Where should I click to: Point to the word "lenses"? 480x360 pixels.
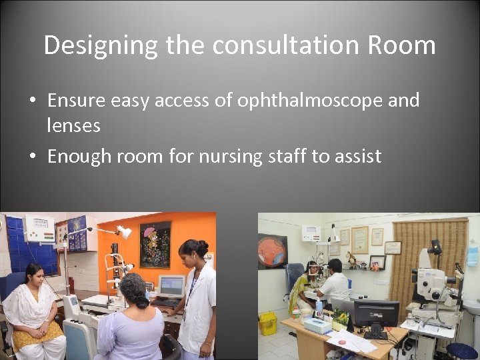coord(73,125)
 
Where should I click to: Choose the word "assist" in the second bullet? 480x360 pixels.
coord(357,157)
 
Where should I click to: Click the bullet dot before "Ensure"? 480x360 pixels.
coord(32,101)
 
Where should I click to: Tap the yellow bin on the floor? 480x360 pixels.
coord(268,323)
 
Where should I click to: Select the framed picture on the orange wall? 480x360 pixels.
coord(155,244)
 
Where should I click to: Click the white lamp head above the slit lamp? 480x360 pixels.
coord(124,232)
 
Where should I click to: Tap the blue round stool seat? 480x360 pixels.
coord(462,350)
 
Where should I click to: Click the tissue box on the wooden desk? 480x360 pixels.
coord(318,325)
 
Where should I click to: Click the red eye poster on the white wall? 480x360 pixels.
coord(272,251)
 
